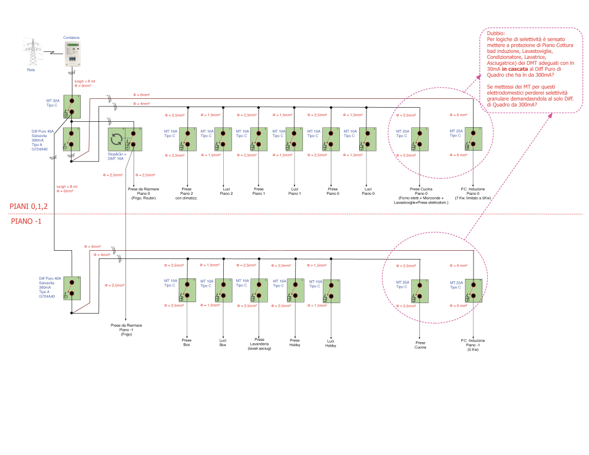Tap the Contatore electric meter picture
point(71,55)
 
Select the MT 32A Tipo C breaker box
point(71,105)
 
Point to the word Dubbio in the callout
point(495,35)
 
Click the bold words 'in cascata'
point(514,69)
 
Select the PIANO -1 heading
point(27,221)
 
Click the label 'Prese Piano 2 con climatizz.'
point(187,193)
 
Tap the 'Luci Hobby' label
point(330,343)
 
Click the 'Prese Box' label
point(187,343)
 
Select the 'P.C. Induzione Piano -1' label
point(473,345)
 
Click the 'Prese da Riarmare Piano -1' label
point(127,329)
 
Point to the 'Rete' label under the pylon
point(31,69)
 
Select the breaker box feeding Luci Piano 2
point(223,139)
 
